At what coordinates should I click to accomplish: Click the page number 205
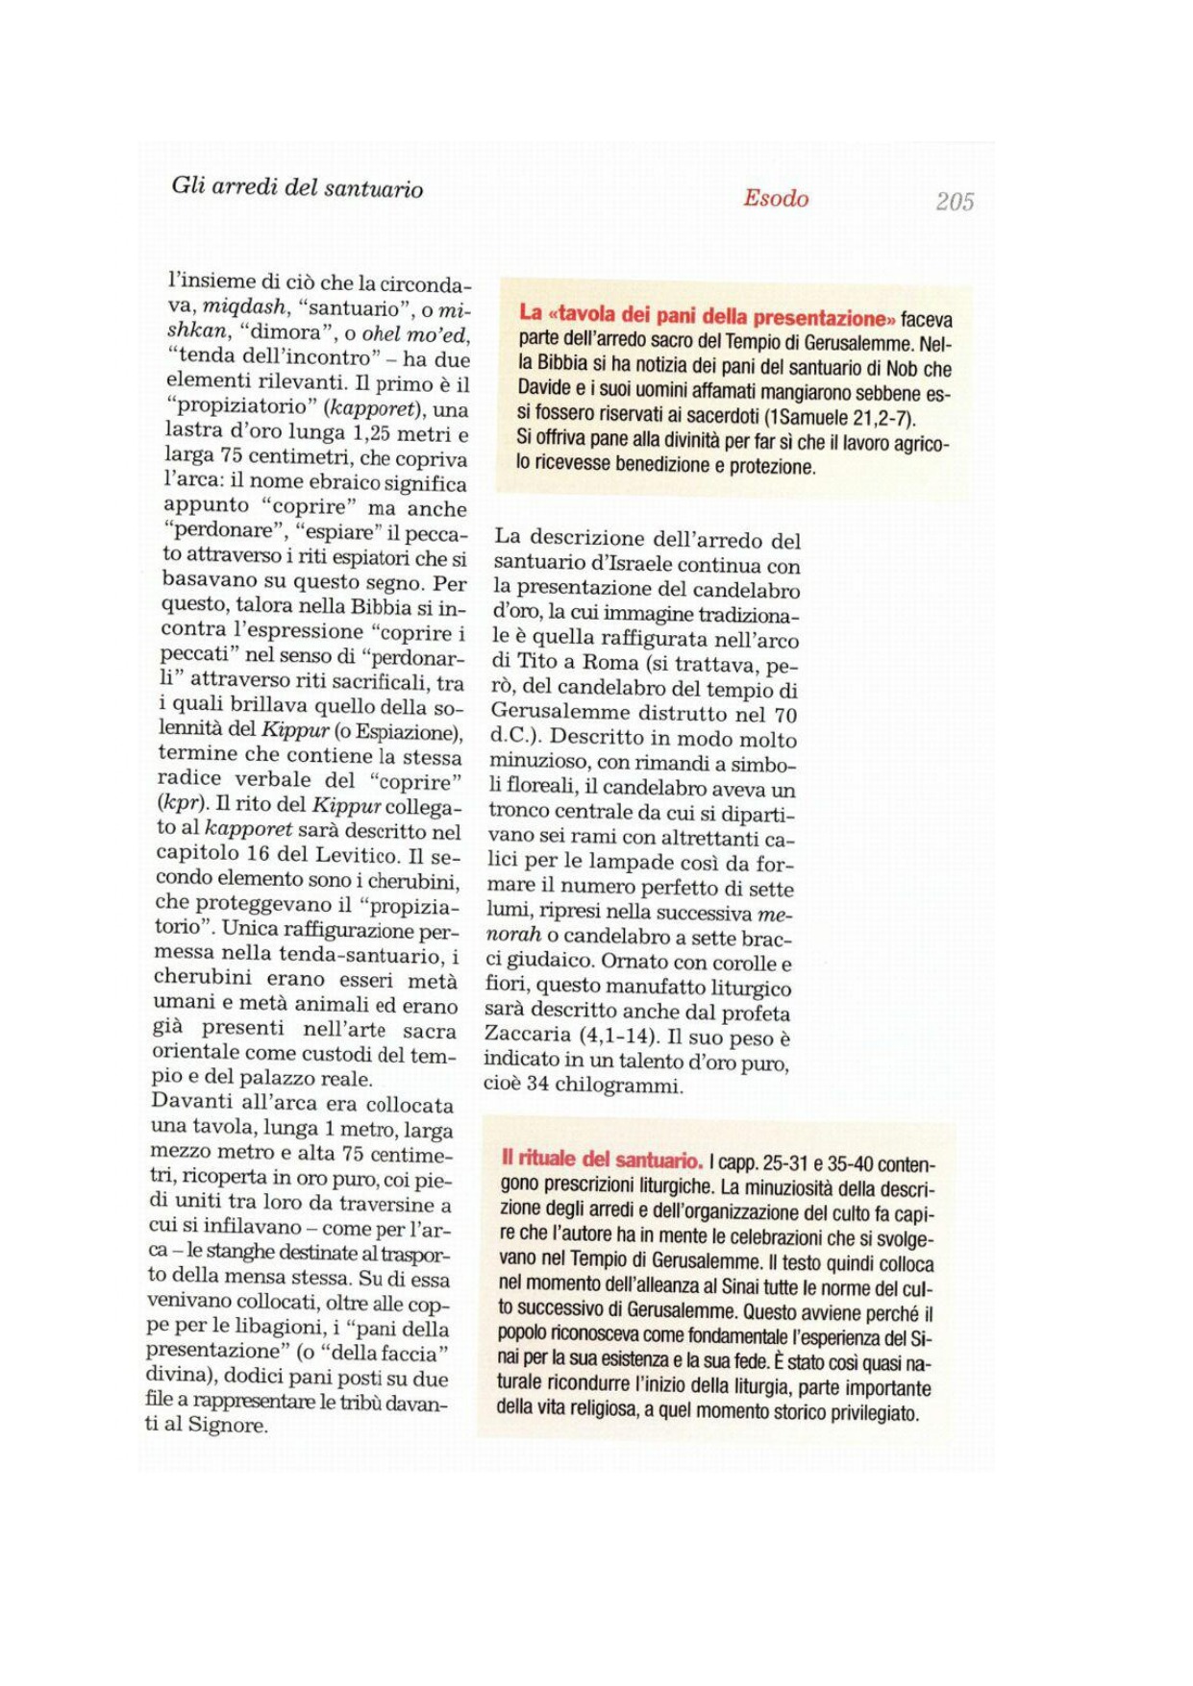(x=955, y=201)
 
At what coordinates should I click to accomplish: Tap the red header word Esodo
(x=776, y=198)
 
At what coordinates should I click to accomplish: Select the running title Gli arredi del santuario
(x=297, y=187)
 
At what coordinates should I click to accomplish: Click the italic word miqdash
(x=244, y=307)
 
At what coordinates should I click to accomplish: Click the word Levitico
(x=354, y=854)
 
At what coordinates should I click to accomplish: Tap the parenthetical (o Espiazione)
(x=398, y=732)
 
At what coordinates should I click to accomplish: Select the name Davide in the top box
(x=545, y=392)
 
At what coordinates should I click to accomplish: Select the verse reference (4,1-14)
(x=617, y=1036)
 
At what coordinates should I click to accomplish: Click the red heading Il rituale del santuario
(x=602, y=1160)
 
